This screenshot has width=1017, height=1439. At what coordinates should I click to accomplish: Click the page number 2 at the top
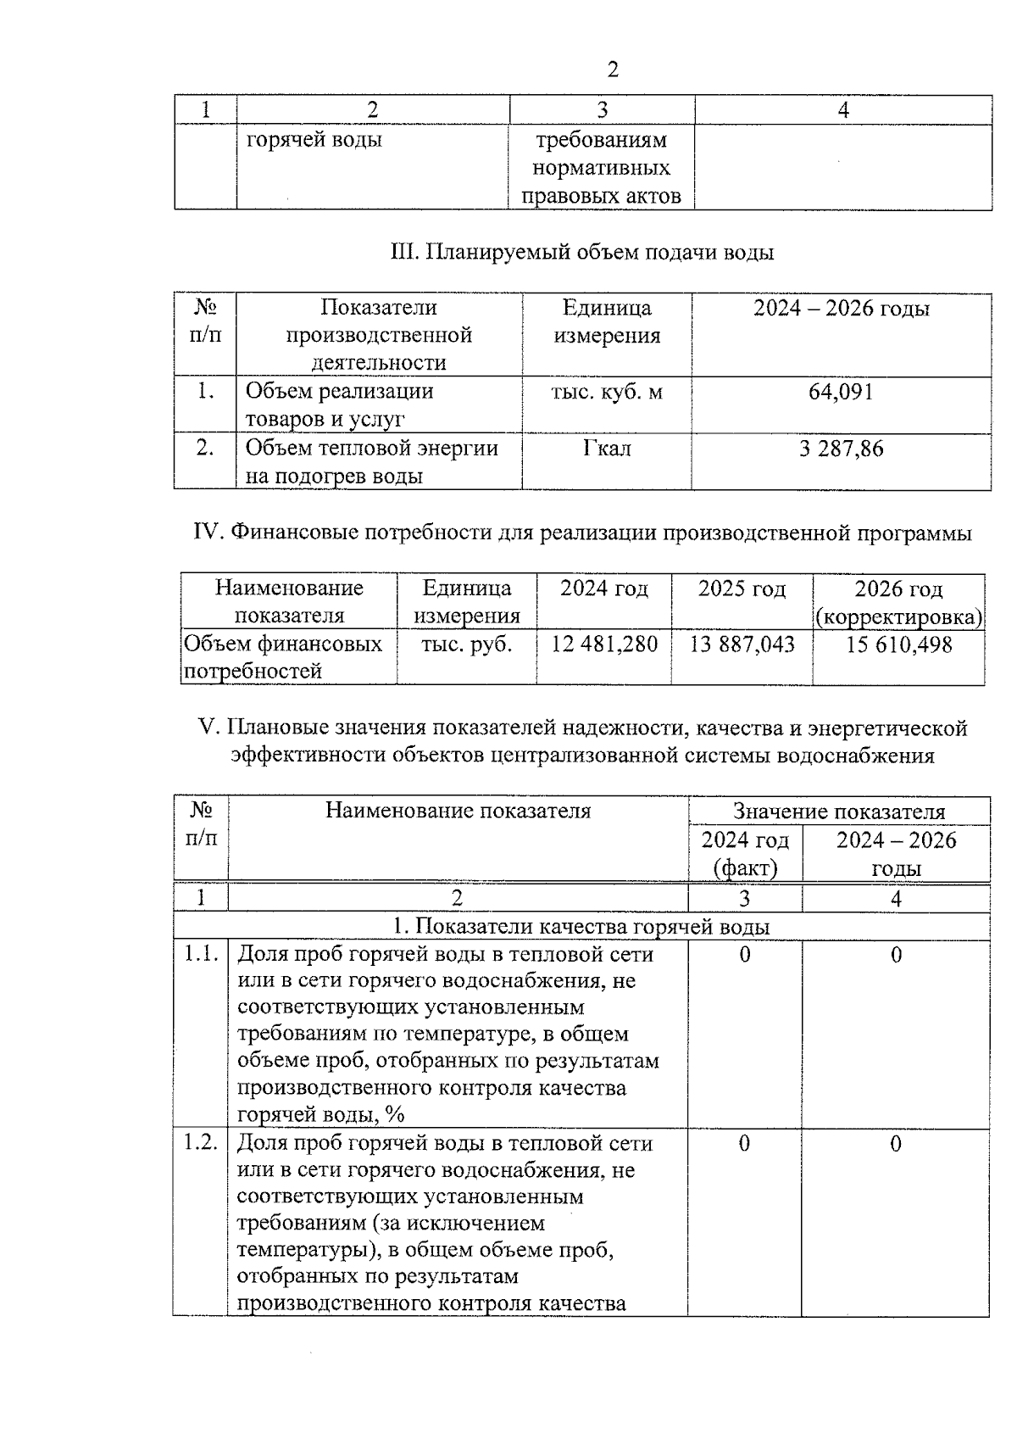612,70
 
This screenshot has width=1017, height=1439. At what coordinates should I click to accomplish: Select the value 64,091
841,392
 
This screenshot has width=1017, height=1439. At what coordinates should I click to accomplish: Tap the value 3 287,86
841,448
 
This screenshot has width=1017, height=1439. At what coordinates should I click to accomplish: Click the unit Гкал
607,448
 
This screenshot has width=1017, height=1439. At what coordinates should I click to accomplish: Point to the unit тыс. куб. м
607,392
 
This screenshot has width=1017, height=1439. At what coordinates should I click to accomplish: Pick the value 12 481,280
604,644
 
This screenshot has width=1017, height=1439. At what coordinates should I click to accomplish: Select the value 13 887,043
742,644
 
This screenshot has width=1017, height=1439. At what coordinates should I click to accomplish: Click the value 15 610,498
898,644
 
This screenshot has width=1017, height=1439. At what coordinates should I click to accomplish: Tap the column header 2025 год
742,588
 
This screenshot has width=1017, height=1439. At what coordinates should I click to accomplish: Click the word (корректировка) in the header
898,616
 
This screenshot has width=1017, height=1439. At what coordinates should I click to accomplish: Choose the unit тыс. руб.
466,644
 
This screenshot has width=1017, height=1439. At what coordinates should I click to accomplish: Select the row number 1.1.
201,954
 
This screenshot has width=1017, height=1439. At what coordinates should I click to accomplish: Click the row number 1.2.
201,1143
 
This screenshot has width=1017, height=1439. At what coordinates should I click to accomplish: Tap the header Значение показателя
839,812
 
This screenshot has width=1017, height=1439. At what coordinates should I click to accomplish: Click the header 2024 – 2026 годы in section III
841,308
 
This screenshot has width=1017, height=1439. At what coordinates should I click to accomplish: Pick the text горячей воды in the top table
314,140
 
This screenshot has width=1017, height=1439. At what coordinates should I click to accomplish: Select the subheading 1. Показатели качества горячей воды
581,927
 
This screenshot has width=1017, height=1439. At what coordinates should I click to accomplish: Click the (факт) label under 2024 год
745,868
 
